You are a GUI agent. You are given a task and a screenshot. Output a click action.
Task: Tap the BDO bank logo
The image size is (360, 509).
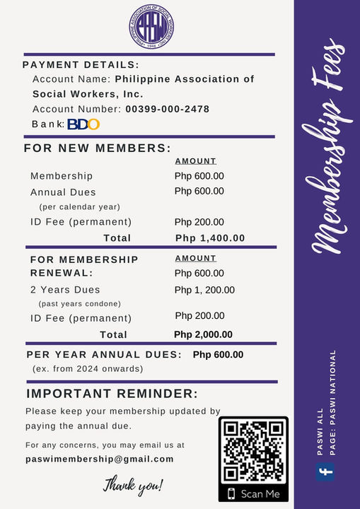click(x=83, y=124)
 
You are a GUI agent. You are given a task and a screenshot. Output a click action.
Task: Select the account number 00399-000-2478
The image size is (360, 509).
click(x=167, y=109)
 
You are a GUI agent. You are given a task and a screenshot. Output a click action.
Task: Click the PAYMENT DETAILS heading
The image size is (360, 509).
click(x=81, y=65)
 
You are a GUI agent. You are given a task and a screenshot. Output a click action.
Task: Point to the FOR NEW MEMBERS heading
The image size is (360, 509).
click(x=98, y=148)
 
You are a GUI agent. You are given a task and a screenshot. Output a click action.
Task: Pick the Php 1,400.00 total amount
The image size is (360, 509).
click(x=210, y=238)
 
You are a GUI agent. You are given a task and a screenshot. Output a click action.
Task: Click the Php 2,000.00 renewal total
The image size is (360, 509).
click(x=204, y=334)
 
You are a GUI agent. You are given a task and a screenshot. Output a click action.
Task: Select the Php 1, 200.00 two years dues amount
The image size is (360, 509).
click(x=204, y=290)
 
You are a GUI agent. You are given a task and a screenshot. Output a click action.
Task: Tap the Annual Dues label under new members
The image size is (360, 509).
click(x=63, y=192)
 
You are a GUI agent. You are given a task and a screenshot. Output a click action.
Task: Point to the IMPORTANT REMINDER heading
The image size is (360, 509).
click(x=112, y=394)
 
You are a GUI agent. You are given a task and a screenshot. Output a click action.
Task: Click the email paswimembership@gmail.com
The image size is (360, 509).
click(x=99, y=459)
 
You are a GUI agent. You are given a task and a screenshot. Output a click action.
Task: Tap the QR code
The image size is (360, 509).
click(x=253, y=451)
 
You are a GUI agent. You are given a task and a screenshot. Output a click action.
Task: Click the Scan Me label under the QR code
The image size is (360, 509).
click(x=260, y=493)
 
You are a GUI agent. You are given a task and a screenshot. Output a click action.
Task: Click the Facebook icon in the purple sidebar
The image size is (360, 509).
click(x=325, y=472)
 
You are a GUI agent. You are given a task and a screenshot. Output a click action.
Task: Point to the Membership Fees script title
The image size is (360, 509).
click(x=327, y=156)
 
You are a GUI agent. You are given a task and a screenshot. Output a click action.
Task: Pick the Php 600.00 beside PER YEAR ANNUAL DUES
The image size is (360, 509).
click(x=218, y=355)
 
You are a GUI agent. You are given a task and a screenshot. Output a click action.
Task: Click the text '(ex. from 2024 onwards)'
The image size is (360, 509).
click(x=88, y=369)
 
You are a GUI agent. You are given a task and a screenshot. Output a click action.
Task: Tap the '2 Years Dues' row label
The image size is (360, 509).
click(x=65, y=290)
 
